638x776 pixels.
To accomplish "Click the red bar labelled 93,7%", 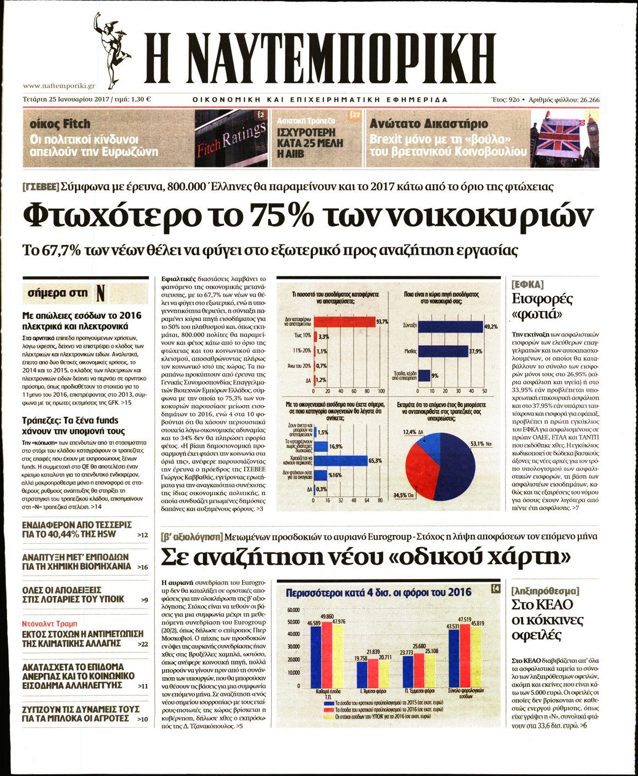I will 343,321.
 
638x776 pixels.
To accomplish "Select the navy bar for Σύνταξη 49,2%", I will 450,326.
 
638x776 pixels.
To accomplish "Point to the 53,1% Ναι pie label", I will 481,443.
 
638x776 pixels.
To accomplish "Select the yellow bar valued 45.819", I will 476,656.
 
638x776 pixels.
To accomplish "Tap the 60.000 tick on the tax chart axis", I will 294,610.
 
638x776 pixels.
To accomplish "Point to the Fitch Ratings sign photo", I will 231,138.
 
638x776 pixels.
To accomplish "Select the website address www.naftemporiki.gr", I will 60,86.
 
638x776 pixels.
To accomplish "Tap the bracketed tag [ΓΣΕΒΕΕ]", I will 40,186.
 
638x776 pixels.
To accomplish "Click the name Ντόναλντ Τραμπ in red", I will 50,623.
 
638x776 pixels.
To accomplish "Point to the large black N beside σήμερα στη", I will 100,293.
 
